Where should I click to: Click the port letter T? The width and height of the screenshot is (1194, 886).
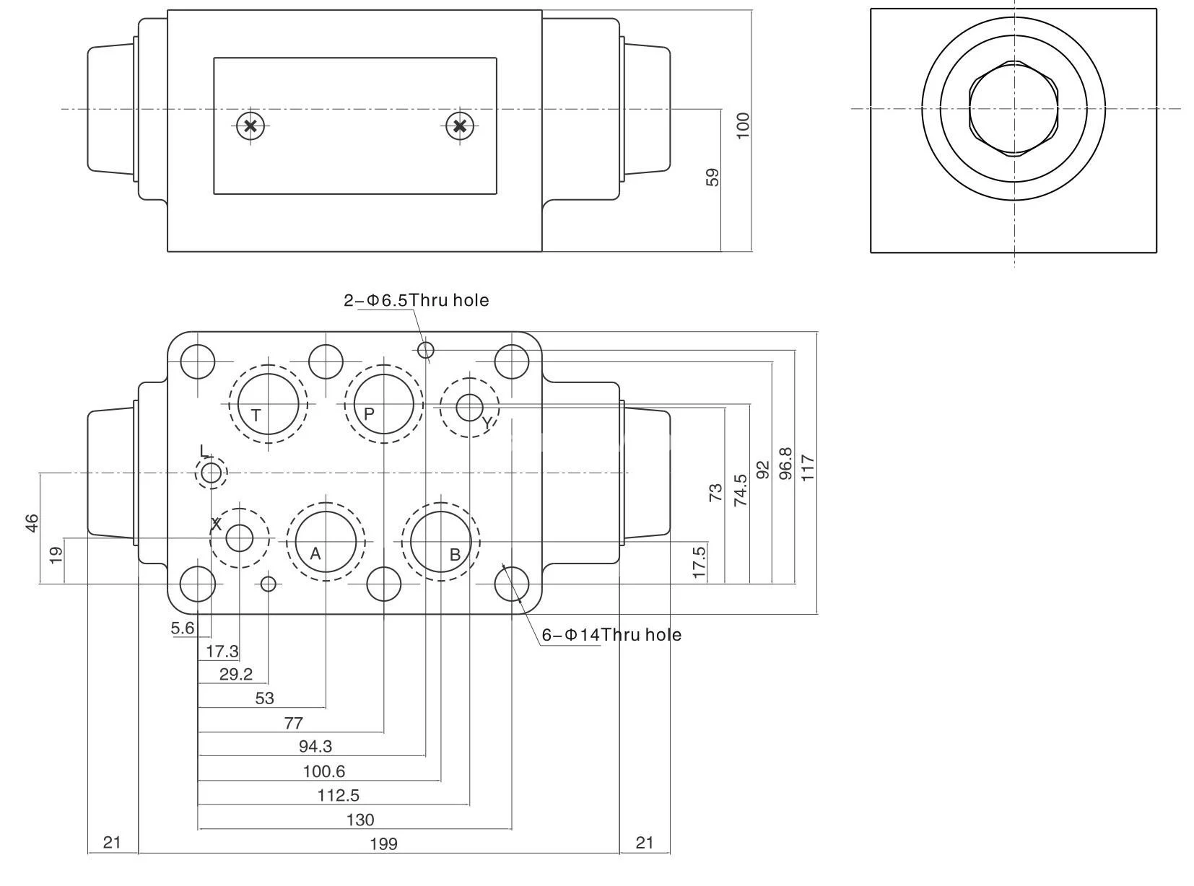(x=256, y=416)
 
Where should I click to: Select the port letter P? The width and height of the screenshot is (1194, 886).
(x=369, y=414)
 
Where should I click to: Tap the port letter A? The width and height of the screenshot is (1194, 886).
(x=315, y=554)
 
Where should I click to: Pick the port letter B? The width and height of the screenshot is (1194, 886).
(x=455, y=555)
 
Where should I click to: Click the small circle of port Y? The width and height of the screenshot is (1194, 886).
(x=470, y=408)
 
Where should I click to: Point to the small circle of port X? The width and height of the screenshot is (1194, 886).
(x=239, y=538)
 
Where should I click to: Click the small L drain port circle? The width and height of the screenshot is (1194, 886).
(x=212, y=473)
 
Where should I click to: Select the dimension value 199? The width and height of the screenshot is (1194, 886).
(x=383, y=843)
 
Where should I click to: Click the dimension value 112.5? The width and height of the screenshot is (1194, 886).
(x=339, y=795)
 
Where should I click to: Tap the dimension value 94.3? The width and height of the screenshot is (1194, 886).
(x=315, y=746)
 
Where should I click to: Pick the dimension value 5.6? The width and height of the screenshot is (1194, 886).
(x=183, y=628)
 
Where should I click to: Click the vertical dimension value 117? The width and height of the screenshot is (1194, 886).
(x=808, y=468)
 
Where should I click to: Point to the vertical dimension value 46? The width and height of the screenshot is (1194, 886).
(x=32, y=523)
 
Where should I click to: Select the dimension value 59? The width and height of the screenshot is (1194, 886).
(x=713, y=177)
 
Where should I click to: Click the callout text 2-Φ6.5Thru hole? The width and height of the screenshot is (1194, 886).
(x=416, y=300)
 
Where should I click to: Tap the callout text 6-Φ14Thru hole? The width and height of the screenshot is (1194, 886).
(x=611, y=635)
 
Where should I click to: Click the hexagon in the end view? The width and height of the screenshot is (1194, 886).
(x=1014, y=110)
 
